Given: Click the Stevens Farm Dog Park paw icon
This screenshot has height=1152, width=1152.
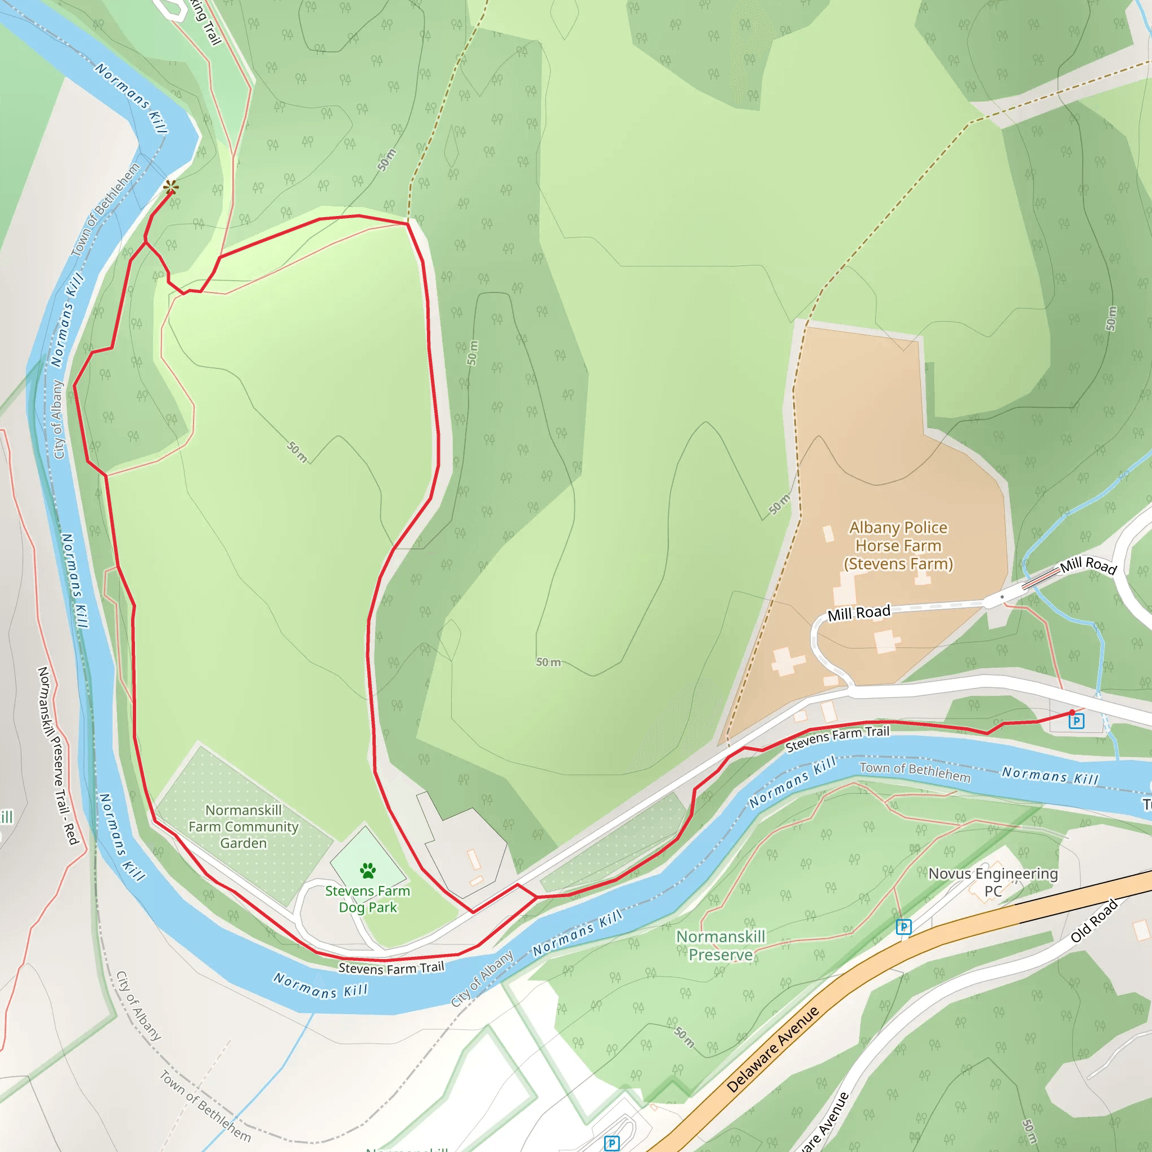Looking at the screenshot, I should [x=368, y=871].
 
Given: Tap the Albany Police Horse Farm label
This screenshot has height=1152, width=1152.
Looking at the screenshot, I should [x=898, y=546].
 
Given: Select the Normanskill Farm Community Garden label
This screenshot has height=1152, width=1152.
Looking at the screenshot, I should [x=243, y=826].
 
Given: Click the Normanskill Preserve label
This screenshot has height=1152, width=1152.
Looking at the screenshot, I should [x=721, y=946].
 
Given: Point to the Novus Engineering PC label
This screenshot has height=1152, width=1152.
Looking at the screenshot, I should [x=993, y=882].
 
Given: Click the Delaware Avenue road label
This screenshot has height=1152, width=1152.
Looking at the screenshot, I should [x=773, y=1050].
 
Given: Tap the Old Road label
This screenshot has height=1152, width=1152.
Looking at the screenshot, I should [x=1093, y=921].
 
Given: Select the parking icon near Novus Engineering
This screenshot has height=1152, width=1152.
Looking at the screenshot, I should [x=903, y=927].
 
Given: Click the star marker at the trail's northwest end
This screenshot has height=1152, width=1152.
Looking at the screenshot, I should [x=171, y=187].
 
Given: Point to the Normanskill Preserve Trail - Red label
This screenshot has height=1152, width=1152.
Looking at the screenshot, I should [x=58, y=755].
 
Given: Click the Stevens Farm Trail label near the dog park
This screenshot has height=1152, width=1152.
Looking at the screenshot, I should [x=391, y=967].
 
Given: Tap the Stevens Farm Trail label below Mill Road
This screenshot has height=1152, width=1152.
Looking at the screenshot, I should [x=837, y=739].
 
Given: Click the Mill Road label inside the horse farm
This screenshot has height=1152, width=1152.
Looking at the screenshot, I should [x=858, y=613].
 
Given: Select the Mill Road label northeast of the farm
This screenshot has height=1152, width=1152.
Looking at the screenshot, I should [x=1088, y=565].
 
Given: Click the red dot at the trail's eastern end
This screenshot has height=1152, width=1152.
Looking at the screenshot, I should [x=1072, y=713].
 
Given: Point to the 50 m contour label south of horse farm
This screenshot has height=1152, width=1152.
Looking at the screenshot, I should [x=548, y=663].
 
